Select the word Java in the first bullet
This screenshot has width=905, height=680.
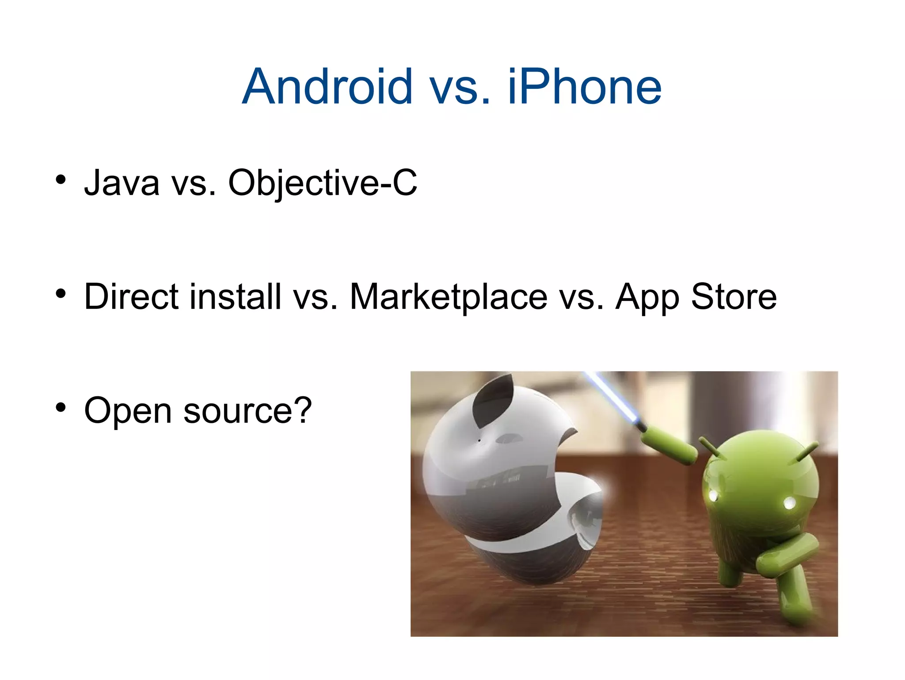[x=122, y=182]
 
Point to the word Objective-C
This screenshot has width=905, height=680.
[x=322, y=182]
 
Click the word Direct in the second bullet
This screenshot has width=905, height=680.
[x=131, y=296]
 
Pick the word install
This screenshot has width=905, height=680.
[x=236, y=296]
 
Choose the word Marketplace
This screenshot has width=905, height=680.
[x=449, y=297]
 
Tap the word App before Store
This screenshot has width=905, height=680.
[x=647, y=297]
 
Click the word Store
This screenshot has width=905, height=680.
[x=734, y=296]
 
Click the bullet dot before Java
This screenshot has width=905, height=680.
[x=61, y=179]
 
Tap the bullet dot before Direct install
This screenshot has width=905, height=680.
[x=61, y=293]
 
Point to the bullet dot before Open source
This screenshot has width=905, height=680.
[x=61, y=407]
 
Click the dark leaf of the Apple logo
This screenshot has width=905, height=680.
[x=493, y=400]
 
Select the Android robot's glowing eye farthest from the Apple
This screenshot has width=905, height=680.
[x=789, y=503]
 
